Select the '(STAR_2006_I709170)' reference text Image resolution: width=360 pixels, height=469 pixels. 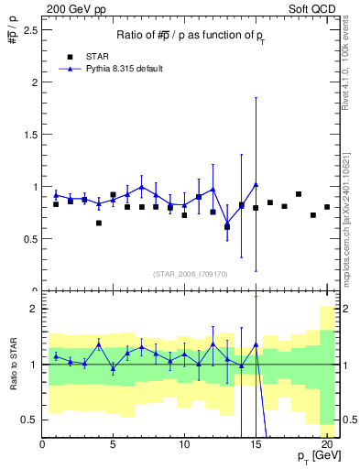point(191,273)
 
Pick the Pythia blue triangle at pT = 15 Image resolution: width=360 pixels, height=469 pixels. point(256,184)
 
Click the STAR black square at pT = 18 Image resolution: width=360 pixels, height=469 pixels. point(299,194)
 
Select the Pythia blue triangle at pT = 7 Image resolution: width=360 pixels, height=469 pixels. point(141,187)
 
